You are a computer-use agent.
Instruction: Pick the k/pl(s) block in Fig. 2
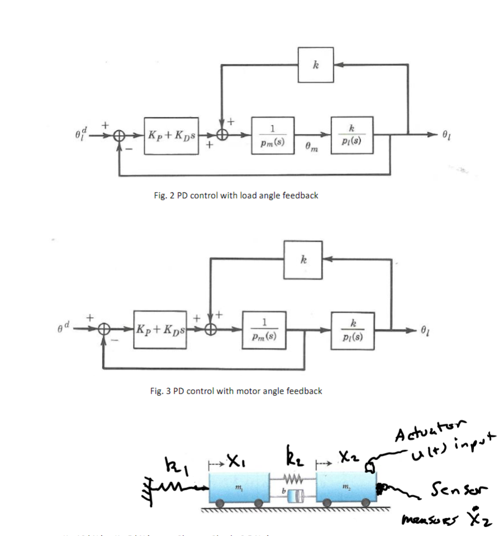[x=352, y=134]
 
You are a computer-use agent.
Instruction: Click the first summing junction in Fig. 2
[x=119, y=135]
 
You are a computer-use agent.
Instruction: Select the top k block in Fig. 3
[x=303, y=260]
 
